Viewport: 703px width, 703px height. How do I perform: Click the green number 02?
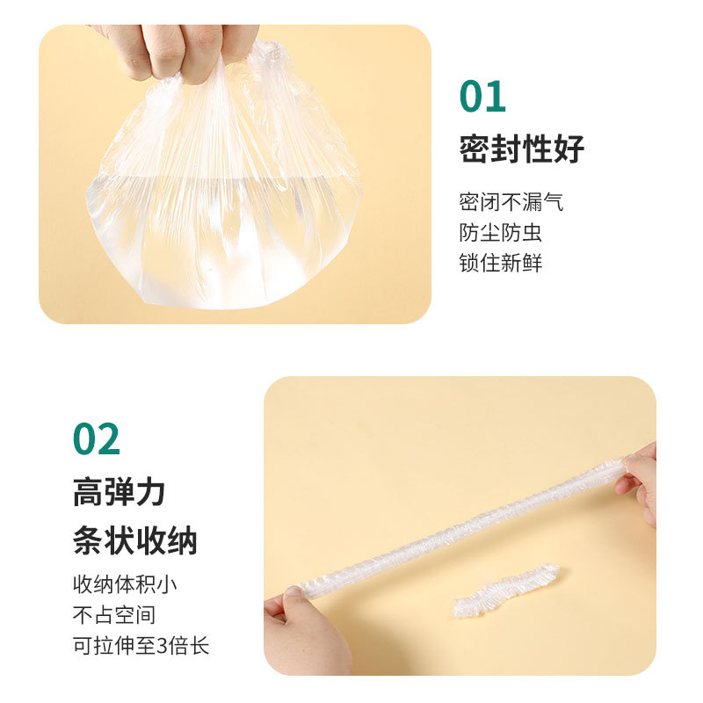(x=97, y=439)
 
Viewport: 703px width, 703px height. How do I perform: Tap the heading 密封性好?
(x=521, y=149)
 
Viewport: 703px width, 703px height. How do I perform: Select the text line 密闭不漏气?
(x=511, y=203)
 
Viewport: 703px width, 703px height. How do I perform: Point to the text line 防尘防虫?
(x=500, y=232)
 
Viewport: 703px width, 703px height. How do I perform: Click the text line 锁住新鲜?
(x=500, y=262)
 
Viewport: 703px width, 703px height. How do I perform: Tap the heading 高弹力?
(x=119, y=493)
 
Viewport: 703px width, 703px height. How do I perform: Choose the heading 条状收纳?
(x=134, y=540)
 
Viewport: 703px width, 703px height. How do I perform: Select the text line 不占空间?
(x=114, y=615)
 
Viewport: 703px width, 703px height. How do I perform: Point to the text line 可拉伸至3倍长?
(x=141, y=646)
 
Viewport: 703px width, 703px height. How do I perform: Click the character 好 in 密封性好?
(x=569, y=149)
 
